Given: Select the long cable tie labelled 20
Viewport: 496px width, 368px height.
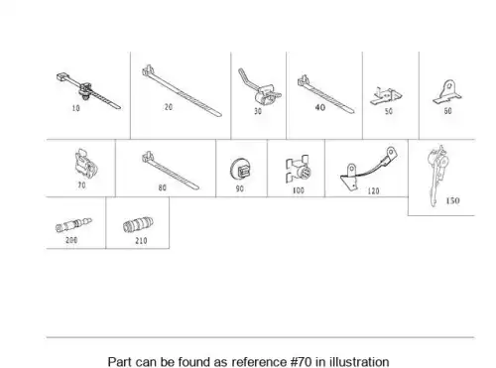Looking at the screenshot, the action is [x=182, y=91].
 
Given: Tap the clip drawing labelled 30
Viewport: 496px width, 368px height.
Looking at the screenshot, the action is [x=262, y=88].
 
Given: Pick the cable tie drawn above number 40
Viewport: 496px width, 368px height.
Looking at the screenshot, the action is [x=325, y=95].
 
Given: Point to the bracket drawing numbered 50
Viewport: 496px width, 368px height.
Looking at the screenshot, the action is [x=386, y=96].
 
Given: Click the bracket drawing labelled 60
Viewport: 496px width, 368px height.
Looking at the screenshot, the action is [x=447, y=92].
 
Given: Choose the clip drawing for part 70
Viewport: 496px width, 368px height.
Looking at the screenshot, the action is [x=86, y=164].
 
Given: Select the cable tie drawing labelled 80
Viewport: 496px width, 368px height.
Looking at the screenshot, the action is [x=171, y=171].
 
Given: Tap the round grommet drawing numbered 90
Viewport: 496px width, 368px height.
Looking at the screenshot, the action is [x=241, y=170].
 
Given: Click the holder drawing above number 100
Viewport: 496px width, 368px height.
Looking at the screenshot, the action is [x=299, y=169].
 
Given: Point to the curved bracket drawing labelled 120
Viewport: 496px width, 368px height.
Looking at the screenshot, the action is [x=368, y=169].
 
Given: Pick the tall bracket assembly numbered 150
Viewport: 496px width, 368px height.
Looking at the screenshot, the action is [x=437, y=175].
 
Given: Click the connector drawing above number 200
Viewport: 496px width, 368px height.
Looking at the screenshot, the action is [x=73, y=225].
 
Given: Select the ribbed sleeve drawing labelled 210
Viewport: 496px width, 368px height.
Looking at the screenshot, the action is [x=138, y=225].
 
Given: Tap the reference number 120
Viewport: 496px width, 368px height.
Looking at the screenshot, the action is [x=373, y=191].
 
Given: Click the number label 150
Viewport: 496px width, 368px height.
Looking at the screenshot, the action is [x=452, y=200].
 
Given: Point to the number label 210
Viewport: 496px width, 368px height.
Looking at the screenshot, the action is [x=141, y=241].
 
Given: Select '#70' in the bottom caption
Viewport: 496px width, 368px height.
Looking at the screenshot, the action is [x=302, y=362].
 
